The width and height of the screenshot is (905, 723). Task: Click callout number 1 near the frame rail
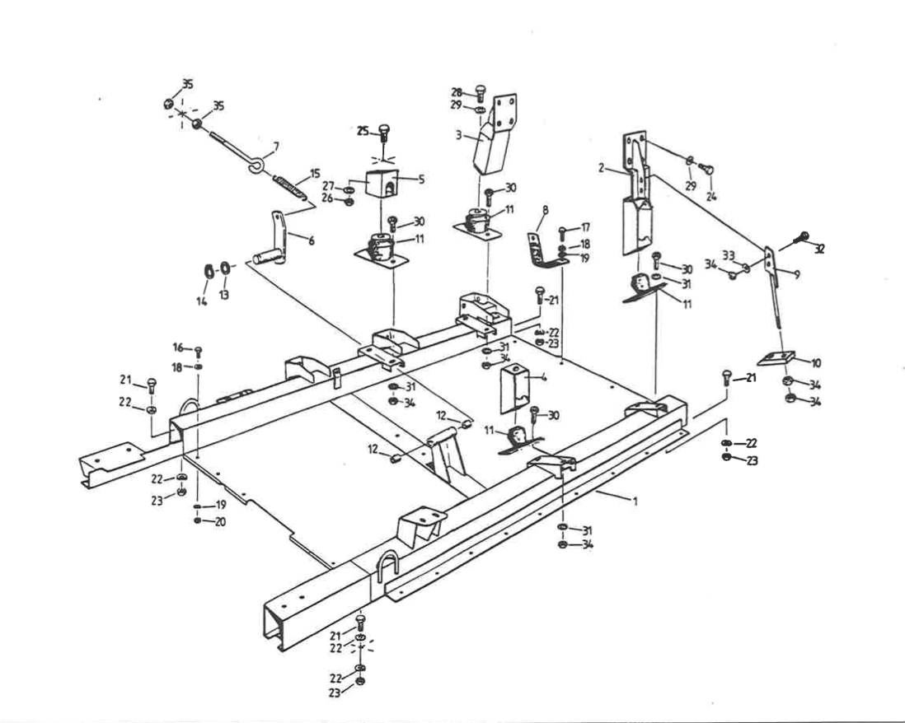coord(635,501)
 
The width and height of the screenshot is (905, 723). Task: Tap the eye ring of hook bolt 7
coord(256,167)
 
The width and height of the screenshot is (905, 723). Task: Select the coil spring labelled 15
coord(288,187)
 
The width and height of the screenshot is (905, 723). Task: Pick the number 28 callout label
coord(457,92)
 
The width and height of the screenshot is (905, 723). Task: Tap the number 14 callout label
coord(201,301)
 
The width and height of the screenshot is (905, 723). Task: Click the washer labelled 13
coord(226,268)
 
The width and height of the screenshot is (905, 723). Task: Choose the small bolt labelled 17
coord(562,234)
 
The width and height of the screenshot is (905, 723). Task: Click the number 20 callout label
coord(220,522)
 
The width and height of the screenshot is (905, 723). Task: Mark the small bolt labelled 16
coord(198,351)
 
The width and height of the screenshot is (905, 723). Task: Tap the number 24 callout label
coord(711,196)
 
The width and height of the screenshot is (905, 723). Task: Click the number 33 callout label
coord(729,254)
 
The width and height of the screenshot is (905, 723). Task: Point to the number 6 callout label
coord(312,240)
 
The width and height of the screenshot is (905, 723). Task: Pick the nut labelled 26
coord(348,202)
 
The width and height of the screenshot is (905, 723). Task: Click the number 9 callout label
coord(797,275)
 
